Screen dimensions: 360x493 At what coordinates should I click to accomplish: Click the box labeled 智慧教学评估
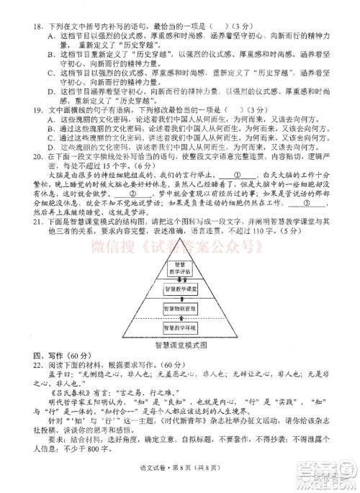(179, 269)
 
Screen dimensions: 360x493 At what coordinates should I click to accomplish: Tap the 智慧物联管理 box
(179, 309)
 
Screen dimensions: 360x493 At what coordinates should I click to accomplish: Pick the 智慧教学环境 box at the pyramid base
(179, 328)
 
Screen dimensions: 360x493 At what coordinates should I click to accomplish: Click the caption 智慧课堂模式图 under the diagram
(179, 345)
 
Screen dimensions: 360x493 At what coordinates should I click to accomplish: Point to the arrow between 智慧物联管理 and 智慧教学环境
(179, 319)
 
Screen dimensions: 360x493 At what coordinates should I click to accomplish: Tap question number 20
(32, 155)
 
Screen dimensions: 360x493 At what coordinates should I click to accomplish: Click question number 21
(32, 224)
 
